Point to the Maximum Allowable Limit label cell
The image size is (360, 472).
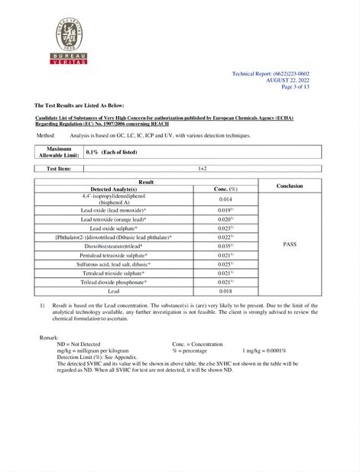59,152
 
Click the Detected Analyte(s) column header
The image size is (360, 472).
114,189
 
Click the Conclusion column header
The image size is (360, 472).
289,186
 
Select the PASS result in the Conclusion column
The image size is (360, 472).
289,244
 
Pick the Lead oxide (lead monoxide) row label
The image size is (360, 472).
114,209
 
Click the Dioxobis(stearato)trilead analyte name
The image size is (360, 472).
114,246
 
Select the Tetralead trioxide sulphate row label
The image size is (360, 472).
114,273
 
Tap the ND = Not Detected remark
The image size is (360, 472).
79,344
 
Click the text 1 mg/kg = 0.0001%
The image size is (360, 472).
264,351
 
